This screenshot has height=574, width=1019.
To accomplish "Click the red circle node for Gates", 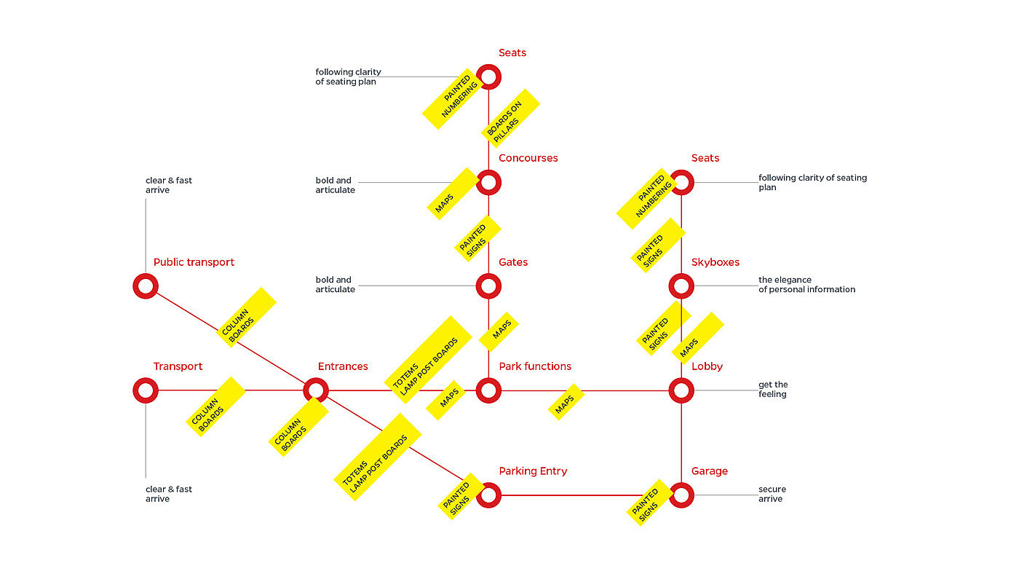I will [488, 286].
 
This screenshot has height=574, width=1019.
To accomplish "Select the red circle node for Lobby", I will [681, 390].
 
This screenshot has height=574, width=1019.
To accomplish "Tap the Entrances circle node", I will [315, 390].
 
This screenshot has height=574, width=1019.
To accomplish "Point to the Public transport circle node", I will [146, 286].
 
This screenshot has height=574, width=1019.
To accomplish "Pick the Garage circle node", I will [681, 495].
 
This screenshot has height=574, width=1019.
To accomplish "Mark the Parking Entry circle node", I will [488, 495].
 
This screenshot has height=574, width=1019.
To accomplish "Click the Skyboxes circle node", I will [681, 286].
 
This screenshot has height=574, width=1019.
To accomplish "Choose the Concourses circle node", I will [488, 182].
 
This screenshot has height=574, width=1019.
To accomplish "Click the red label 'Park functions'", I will [535, 366].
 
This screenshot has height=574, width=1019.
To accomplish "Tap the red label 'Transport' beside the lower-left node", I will [178, 366].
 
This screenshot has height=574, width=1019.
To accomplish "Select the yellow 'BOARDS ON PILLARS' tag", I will [510, 118].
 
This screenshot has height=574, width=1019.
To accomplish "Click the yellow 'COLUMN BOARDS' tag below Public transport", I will [247, 317].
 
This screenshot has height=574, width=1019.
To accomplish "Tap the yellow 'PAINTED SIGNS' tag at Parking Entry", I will [461, 496].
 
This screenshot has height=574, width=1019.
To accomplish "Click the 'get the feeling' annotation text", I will [773, 390].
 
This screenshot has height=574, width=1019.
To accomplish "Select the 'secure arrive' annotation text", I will [772, 494].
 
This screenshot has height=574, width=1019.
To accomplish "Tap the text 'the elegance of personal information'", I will [806, 285].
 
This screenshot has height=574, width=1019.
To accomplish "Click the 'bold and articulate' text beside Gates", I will [335, 285].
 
